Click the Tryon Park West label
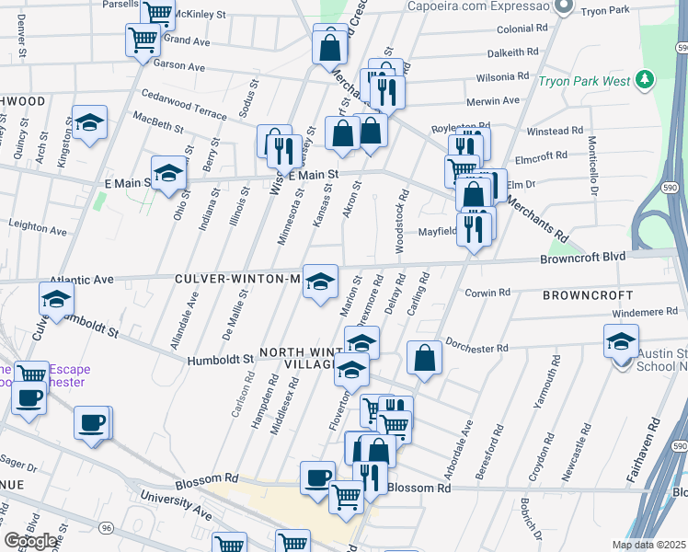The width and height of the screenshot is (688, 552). tap(584, 81)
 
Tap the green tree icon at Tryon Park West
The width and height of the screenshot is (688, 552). tap(647, 80)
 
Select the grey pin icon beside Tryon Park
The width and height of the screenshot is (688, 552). tap(566, 8)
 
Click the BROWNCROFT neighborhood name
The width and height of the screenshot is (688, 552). tap(588, 295)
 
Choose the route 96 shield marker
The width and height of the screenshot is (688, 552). tap(108, 527)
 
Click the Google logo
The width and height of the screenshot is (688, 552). tap(31, 541)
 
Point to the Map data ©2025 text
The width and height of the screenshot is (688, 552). tap(648, 545)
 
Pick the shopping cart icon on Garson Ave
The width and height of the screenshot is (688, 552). tap(143, 40)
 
